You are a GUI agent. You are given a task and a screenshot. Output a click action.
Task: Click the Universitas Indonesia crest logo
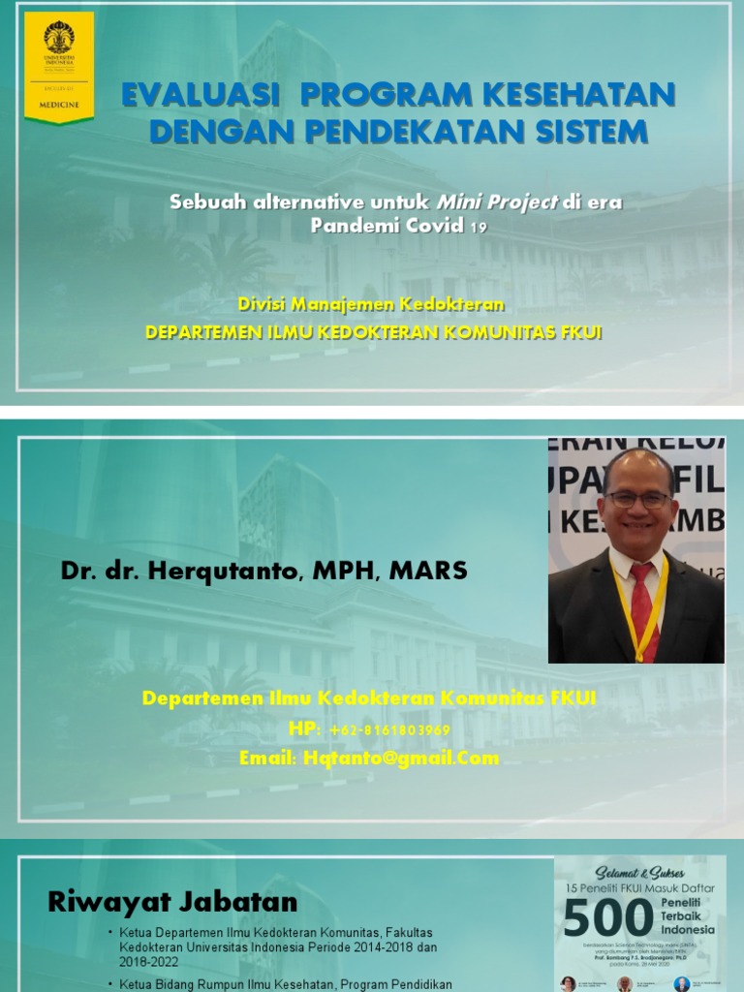pyautogui.click(x=59, y=38)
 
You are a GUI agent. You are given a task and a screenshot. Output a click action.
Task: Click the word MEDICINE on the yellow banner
pyautogui.click(x=59, y=102)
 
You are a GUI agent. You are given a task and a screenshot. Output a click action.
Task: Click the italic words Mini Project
pyautogui.click(x=497, y=202)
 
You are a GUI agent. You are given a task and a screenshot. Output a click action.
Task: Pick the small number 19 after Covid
pyautogui.click(x=479, y=228)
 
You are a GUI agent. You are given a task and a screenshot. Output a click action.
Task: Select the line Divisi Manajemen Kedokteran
pyautogui.click(x=372, y=304)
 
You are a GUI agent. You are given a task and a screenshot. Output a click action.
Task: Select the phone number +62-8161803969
pyautogui.click(x=389, y=729)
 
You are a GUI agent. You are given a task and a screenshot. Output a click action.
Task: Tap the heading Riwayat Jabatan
pyautogui.click(x=172, y=903)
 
